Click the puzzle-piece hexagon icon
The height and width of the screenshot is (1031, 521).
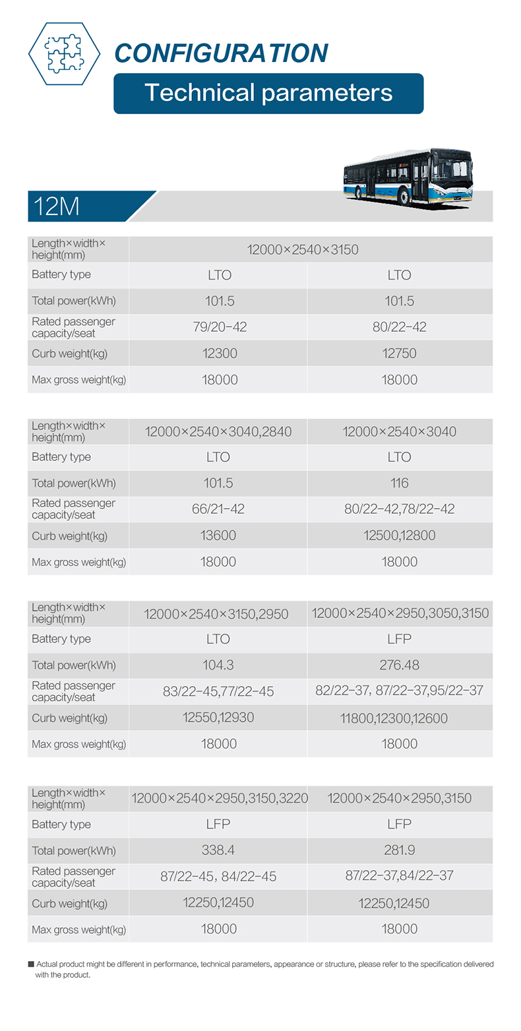click(x=64, y=53)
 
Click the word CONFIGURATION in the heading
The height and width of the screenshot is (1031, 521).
click(x=220, y=53)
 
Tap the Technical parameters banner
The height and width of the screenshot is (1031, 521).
click(x=268, y=93)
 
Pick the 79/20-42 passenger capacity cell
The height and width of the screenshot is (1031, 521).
click(x=218, y=327)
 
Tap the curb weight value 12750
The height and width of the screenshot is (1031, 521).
click(x=400, y=354)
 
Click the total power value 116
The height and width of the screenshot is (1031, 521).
click(x=400, y=483)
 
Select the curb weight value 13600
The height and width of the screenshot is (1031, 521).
click(x=218, y=536)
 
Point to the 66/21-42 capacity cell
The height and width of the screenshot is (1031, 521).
click(x=218, y=509)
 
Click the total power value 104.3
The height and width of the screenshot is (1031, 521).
click(x=218, y=665)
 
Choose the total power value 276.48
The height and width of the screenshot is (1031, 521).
click(x=400, y=665)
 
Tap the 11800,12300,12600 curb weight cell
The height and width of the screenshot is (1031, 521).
click(x=400, y=718)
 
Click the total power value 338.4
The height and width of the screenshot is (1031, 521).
click(x=218, y=850)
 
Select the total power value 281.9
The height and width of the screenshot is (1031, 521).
click(x=400, y=850)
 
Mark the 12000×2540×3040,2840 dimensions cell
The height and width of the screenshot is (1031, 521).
click(x=218, y=431)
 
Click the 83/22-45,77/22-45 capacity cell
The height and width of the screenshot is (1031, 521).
click(x=218, y=692)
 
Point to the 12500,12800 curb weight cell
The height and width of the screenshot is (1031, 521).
click(x=400, y=536)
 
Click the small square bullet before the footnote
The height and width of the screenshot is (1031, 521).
click(x=31, y=964)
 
